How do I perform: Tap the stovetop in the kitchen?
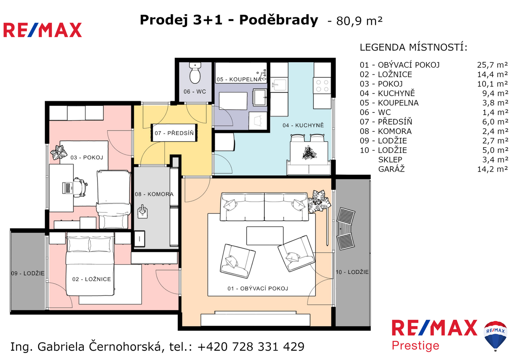(x=322, y=85)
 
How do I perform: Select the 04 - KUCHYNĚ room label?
(x=303, y=125)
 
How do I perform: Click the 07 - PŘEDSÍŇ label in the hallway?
(x=174, y=133)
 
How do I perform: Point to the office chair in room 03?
(x=80, y=188)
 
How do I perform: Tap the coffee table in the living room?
(x=265, y=236)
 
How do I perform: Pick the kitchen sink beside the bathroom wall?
(x=279, y=85)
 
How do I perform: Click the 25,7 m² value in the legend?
(x=492, y=65)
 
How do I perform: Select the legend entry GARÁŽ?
(x=391, y=169)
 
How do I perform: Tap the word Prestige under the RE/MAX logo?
(x=416, y=346)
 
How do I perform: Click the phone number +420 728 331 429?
(x=251, y=347)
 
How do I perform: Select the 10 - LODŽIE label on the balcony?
(x=352, y=272)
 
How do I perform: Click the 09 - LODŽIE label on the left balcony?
(x=28, y=273)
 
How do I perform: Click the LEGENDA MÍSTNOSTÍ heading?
(x=414, y=47)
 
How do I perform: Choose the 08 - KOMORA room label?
(x=154, y=194)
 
